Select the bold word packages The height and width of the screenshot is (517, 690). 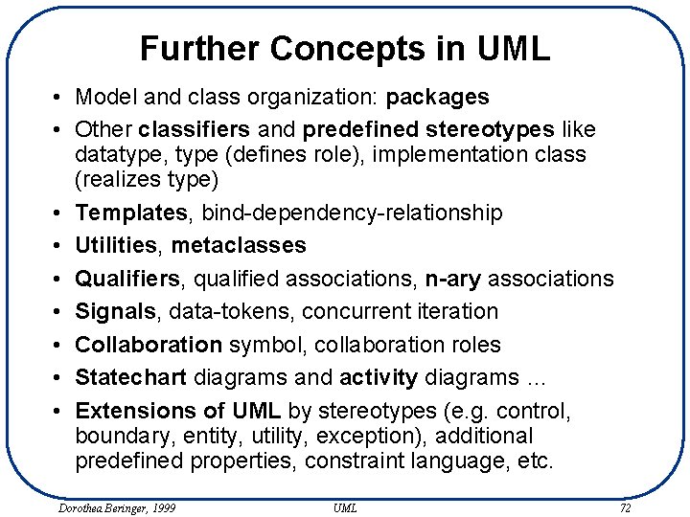pos(437,97)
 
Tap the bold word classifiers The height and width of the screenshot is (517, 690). pos(195,129)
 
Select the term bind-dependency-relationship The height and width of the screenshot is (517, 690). pos(340,213)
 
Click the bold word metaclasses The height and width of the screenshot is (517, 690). pos(239,246)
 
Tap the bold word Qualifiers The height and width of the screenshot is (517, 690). pos(127,279)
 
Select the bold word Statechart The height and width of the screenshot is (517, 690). pos(131,377)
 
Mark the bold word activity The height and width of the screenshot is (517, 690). pos(378,377)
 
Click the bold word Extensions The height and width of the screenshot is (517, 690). pos(135,411)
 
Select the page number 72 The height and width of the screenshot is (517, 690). pos(625,507)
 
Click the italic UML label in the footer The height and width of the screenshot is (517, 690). pos(345,507)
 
